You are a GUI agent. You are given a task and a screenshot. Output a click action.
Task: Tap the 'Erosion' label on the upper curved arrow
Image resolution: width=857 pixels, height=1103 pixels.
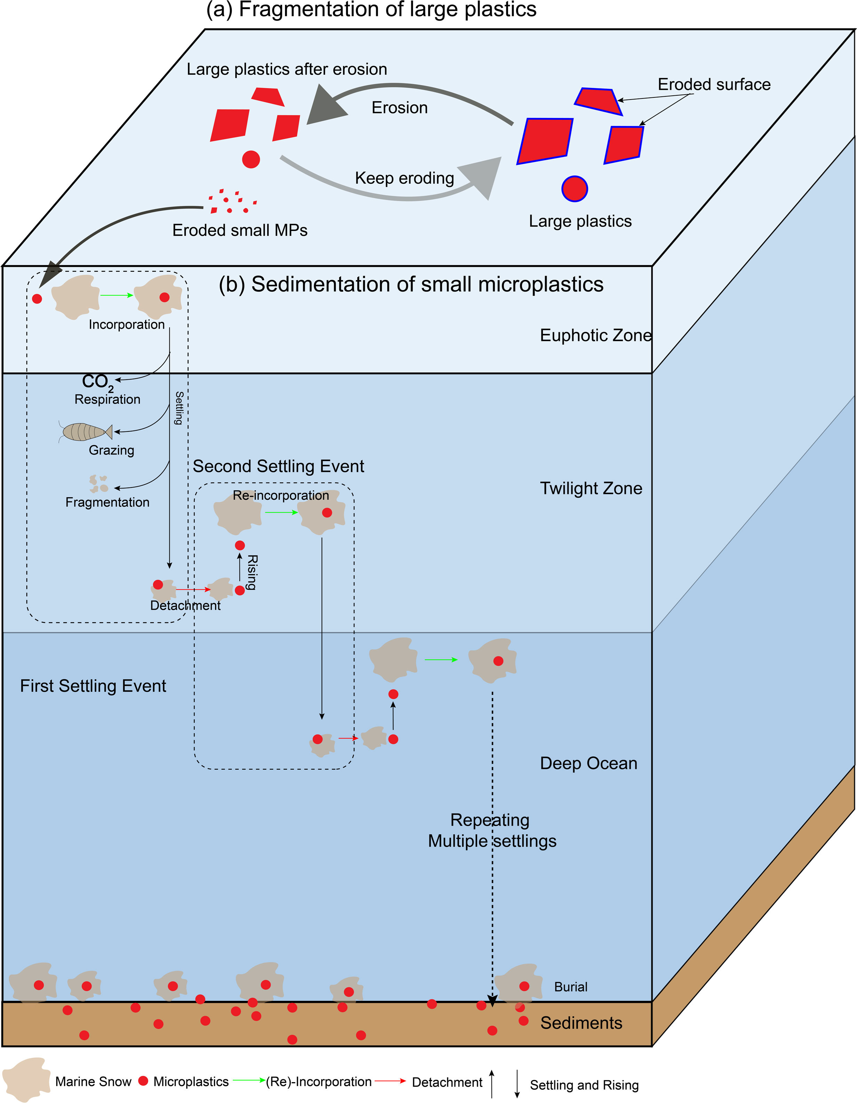[x=399, y=108]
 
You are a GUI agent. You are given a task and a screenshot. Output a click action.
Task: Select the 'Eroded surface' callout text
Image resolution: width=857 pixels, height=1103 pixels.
[x=714, y=84]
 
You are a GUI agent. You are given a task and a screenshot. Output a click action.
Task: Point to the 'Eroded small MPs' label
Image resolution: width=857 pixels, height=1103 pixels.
[x=239, y=230]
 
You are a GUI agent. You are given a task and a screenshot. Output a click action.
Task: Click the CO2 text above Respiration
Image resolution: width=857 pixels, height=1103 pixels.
[x=97, y=382]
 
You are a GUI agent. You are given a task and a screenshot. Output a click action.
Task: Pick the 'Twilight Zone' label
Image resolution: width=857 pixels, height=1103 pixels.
[x=591, y=489]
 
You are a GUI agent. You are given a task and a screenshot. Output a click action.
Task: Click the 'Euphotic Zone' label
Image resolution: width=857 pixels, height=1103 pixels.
[x=595, y=335]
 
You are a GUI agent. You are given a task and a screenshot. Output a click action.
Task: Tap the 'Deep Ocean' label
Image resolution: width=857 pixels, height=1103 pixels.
[x=588, y=763]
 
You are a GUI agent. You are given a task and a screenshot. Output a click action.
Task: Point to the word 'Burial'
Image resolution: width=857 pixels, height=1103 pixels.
[x=571, y=987]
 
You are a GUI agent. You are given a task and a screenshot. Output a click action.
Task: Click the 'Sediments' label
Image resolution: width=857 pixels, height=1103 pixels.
[x=581, y=1023]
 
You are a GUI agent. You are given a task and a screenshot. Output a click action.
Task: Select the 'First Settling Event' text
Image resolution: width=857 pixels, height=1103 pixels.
[x=93, y=686]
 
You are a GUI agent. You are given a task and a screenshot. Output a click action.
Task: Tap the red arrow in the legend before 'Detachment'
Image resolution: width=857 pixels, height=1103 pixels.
[x=390, y=1081]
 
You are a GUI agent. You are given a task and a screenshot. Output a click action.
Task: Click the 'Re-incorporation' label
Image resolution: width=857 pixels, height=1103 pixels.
[x=281, y=495]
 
